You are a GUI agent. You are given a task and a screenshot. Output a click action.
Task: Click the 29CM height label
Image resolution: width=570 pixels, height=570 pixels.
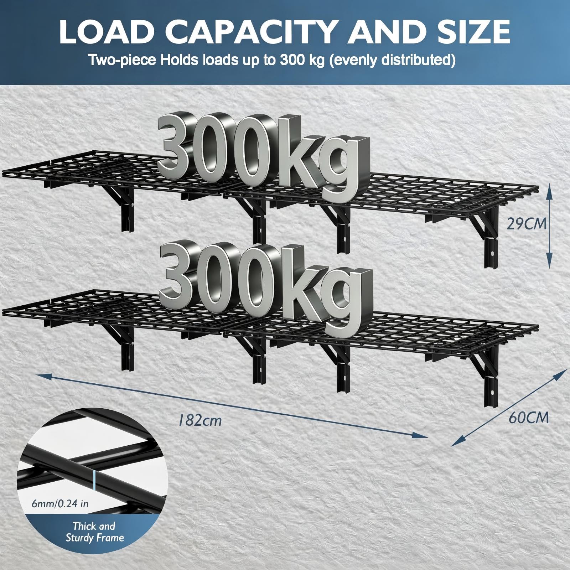click(x=527, y=224)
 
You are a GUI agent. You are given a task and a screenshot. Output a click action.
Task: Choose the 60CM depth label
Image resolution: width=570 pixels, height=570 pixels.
click(x=529, y=418)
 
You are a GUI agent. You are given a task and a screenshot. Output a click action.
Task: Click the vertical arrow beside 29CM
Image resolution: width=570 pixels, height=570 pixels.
click(x=550, y=224)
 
